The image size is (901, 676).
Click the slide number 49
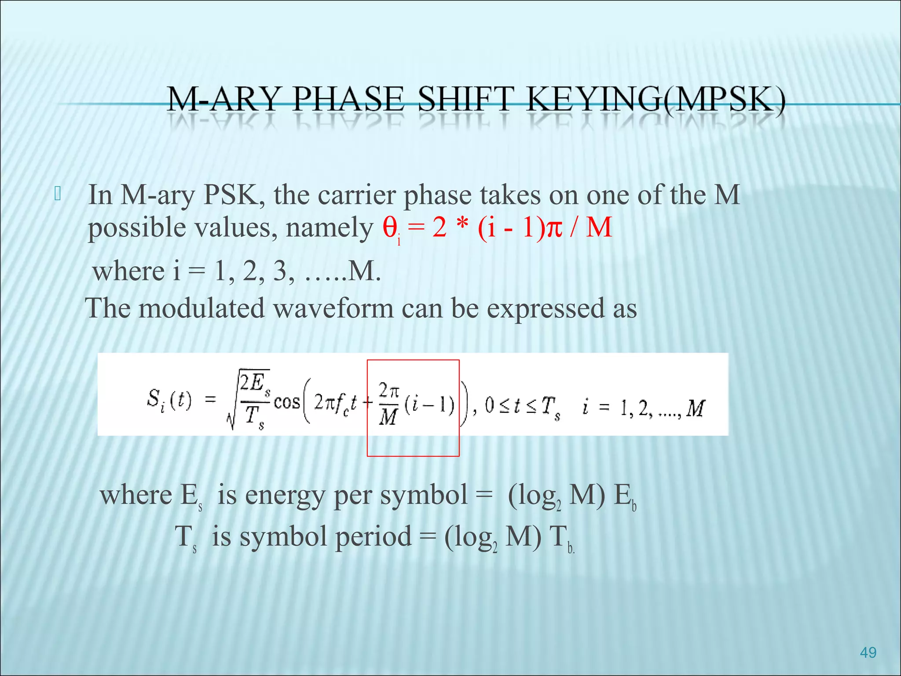(x=868, y=652)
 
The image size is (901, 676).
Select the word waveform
(x=333, y=308)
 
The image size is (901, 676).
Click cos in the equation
(x=286, y=402)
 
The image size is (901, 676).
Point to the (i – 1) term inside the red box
(x=429, y=405)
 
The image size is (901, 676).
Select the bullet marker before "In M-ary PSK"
(x=58, y=194)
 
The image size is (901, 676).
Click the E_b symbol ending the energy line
(x=625, y=496)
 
